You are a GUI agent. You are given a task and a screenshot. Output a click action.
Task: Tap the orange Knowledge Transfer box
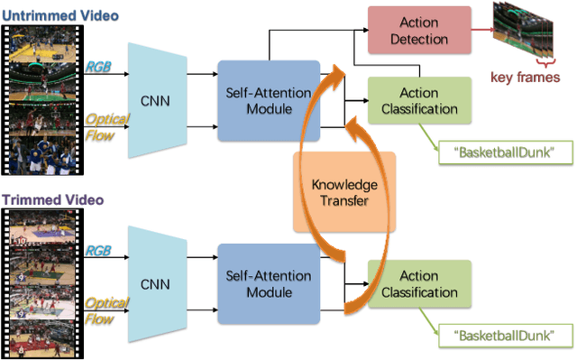343,192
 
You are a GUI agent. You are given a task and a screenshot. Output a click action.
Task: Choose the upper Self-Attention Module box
269,100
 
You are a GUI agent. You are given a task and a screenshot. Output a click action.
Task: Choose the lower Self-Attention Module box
269,283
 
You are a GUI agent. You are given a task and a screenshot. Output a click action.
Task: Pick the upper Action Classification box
419,101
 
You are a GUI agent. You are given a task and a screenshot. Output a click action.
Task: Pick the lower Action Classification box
419,284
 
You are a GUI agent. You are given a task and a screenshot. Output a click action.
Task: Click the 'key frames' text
525,78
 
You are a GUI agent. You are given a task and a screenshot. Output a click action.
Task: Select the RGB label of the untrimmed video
98,66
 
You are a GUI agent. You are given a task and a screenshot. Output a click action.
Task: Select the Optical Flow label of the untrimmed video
106,127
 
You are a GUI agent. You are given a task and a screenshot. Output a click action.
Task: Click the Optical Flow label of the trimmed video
106,311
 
